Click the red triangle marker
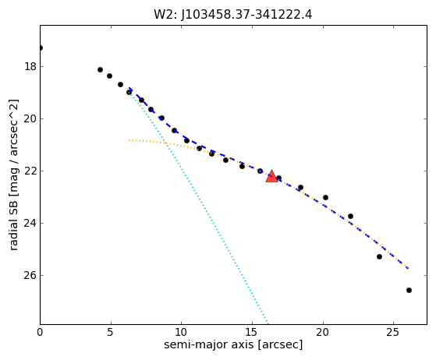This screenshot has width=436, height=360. pyautogui.click(x=271, y=176)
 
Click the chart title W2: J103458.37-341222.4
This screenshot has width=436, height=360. pyautogui.click(x=233, y=15)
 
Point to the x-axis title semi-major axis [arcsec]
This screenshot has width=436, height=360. pyautogui.click(x=233, y=344)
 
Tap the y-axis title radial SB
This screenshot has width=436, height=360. pyautogui.click(x=13, y=175)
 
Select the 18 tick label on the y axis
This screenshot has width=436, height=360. pyautogui.click(x=30, y=67)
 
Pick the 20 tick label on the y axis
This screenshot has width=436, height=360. pyautogui.click(x=30, y=119)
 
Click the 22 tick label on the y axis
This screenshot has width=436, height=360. pyautogui.click(x=30, y=171)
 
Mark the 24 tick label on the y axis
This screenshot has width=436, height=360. pyautogui.click(x=30, y=223)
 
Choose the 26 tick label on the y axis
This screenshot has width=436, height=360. pyautogui.click(x=30, y=275)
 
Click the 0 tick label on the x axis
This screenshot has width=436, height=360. pyautogui.click(x=40, y=332)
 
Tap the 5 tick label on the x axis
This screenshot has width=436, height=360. pyautogui.click(x=111, y=332)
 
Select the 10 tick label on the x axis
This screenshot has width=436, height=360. pyautogui.click(x=181, y=332)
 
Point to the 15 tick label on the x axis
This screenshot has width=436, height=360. pyautogui.click(x=252, y=332)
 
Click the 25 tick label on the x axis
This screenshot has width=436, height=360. pyautogui.click(x=393, y=332)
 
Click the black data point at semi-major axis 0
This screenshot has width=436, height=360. pyautogui.click(x=41, y=48)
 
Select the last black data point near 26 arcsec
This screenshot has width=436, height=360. pyautogui.click(x=409, y=291)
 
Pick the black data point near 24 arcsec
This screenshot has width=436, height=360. pyautogui.click(x=379, y=256)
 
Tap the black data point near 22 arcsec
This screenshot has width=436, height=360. pyautogui.click(x=350, y=216)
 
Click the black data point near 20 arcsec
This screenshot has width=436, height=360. pyautogui.click(x=325, y=197)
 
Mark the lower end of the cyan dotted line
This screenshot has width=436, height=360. pyautogui.click(x=268, y=323)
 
